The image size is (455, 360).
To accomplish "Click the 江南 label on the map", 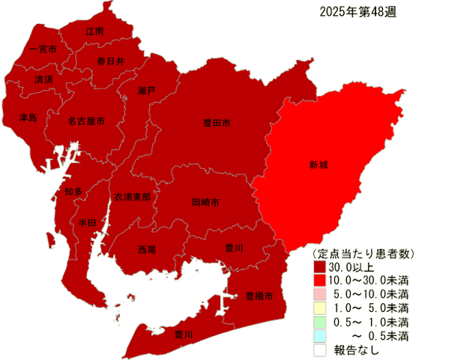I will click(x=95, y=31).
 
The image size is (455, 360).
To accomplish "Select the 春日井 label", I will click(x=110, y=61).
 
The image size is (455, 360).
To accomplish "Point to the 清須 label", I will click(x=43, y=79).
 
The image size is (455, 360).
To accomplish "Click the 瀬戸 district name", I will click(x=147, y=90).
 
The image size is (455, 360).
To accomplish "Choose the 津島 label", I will click(x=28, y=118).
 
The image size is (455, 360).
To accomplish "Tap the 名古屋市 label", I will click(x=85, y=120).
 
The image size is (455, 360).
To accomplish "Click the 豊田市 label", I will click(x=217, y=122).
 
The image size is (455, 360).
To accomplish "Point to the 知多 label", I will click(x=73, y=192).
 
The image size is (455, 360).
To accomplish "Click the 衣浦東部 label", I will click(x=132, y=196).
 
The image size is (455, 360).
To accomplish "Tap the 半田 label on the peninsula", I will click(x=87, y=223).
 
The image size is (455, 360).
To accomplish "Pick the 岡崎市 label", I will click(x=205, y=202).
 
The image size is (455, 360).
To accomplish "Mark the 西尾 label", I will click(x=147, y=249).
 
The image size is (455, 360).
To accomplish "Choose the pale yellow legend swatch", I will click(x=320, y=306).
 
